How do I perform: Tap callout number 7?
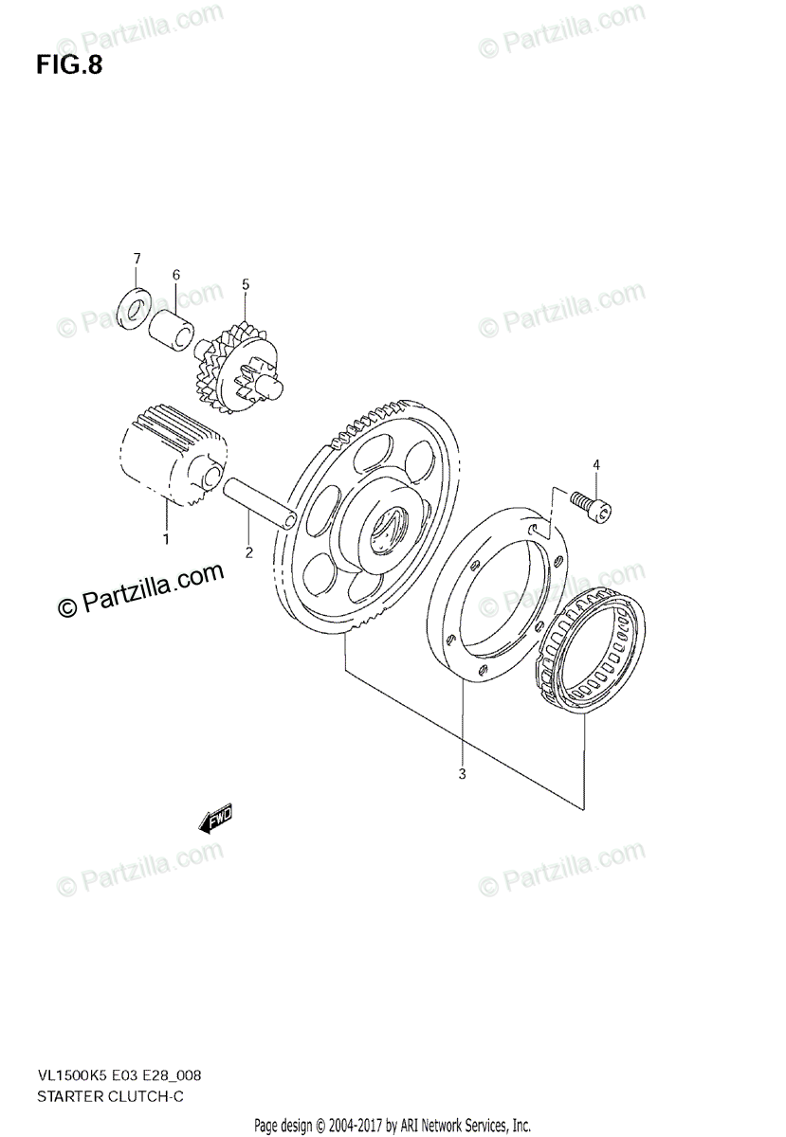(x=137, y=258)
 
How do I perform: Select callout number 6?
(x=175, y=275)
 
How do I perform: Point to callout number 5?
(x=245, y=283)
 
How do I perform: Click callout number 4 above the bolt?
(x=596, y=464)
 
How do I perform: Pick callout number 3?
(x=462, y=775)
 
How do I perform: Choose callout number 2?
(x=248, y=551)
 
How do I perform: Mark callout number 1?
(x=165, y=539)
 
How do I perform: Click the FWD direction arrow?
(x=214, y=820)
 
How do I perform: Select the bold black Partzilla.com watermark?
(x=141, y=591)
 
